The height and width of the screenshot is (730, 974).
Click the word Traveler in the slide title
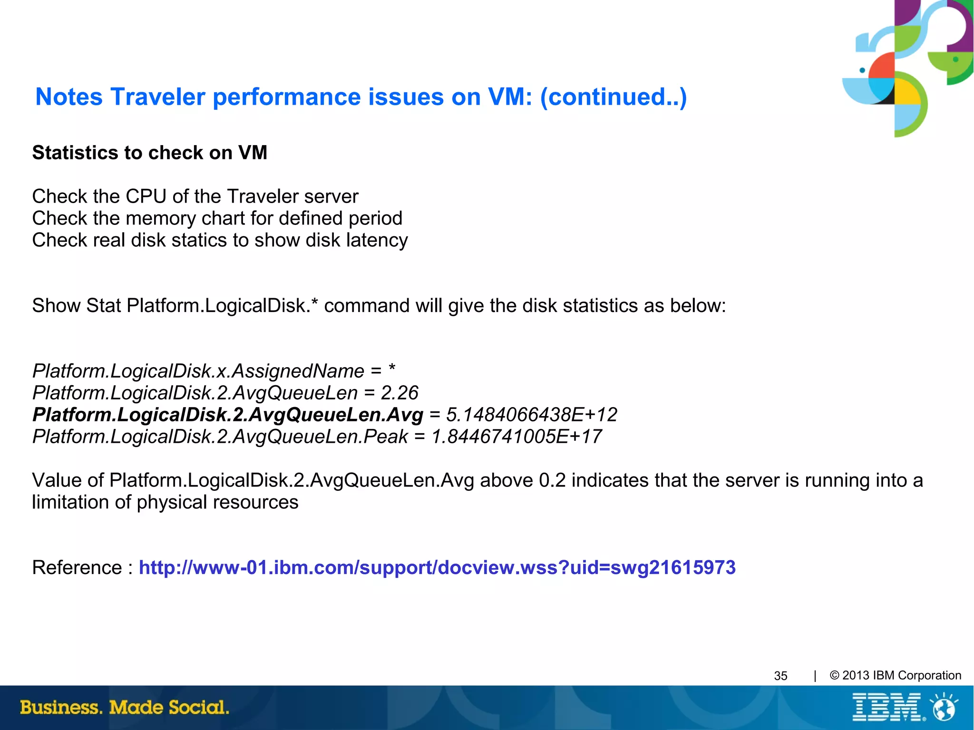coord(157,97)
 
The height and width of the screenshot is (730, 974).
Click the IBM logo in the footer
coord(887,707)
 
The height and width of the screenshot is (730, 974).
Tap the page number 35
coord(780,676)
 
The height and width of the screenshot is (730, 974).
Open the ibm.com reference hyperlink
coord(437,567)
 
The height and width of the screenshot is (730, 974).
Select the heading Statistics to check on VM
coord(149,153)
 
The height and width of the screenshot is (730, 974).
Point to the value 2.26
coord(399,393)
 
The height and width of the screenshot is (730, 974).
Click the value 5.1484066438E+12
coord(531,415)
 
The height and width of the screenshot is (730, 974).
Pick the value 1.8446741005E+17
coord(516,437)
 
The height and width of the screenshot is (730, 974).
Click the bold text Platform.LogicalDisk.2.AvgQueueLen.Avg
coord(227,415)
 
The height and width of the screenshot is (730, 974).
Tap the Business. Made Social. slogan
coord(125,707)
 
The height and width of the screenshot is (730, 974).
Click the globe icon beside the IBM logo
coord(945,707)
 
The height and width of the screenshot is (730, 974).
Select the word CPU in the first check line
coord(144,196)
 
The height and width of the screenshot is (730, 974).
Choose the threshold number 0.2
coord(552,480)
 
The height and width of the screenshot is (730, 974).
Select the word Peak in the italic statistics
coord(386,437)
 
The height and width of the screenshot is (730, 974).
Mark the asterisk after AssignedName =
coord(392,369)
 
